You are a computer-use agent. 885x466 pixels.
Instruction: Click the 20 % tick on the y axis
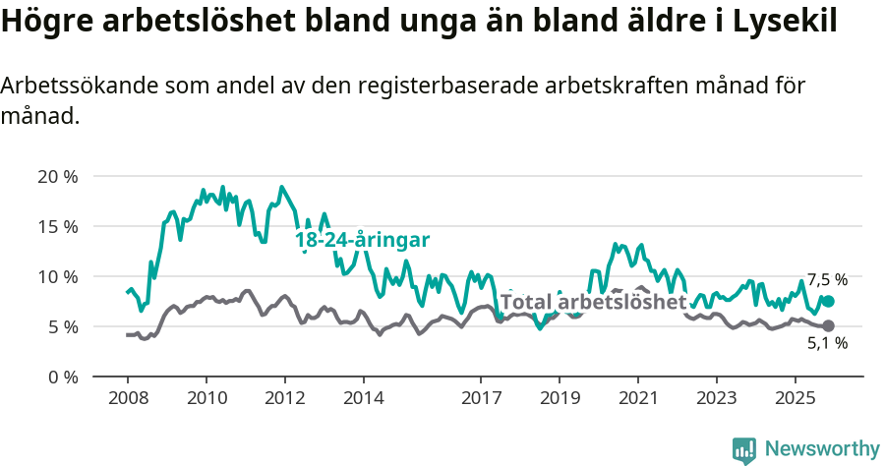(x=56, y=177)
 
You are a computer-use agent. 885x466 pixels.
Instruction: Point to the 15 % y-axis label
(x=56, y=226)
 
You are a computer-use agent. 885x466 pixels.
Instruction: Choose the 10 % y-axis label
(x=56, y=276)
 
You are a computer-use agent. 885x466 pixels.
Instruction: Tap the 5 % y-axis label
(x=61, y=326)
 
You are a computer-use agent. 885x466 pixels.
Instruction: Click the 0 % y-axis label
(x=61, y=377)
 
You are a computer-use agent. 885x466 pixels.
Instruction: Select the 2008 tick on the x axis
(x=128, y=400)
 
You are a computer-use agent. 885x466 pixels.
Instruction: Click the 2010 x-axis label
(x=206, y=400)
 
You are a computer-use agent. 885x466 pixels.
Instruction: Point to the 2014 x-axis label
(x=363, y=400)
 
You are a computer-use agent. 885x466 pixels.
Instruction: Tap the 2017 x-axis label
(x=481, y=400)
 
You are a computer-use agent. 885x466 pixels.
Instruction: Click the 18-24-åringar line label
(x=363, y=240)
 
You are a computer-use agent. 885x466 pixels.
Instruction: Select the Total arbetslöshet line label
(x=593, y=302)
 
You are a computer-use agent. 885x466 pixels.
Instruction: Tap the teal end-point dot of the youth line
(x=828, y=301)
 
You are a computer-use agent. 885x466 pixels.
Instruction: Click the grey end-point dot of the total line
(x=828, y=325)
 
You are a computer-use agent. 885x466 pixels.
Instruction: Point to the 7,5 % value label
(x=827, y=280)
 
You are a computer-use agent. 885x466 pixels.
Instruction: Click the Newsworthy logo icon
(x=744, y=449)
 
